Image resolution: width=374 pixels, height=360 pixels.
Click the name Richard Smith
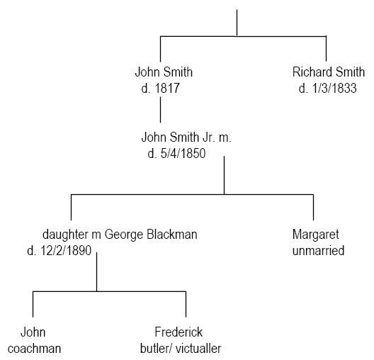[x=329, y=72]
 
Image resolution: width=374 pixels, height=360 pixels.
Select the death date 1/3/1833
[x=334, y=89]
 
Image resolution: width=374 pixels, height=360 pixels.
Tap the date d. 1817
[x=160, y=89]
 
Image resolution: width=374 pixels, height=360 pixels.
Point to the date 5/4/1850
[x=183, y=153]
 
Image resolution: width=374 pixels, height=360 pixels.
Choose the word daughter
[x=65, y=235]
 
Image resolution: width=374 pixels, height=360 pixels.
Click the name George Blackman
[x=151, y=235]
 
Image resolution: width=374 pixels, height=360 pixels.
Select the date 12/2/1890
[x=66, y=251]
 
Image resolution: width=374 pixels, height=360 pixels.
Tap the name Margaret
[x=316, y=235]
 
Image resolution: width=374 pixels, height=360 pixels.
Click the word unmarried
[x=319, y=251]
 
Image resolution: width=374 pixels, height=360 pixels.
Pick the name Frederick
[x=178, y=332]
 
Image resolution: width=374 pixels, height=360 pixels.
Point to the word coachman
[x=34, y=349]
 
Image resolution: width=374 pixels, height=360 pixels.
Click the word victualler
[x=198, y=349]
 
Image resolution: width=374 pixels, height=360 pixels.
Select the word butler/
[x=156, y=349]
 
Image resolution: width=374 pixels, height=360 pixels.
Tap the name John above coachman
[x=33, y=332]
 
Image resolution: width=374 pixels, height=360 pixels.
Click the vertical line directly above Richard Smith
[x=326, y=49]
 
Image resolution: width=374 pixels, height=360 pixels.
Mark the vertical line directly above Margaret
[x=313, y=208]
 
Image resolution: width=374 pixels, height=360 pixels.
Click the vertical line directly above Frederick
[x=186, y=304]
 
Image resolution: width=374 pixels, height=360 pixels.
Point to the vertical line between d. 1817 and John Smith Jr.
[x=160, y=110]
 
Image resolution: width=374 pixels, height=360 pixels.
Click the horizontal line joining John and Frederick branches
[x=109, y=291]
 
